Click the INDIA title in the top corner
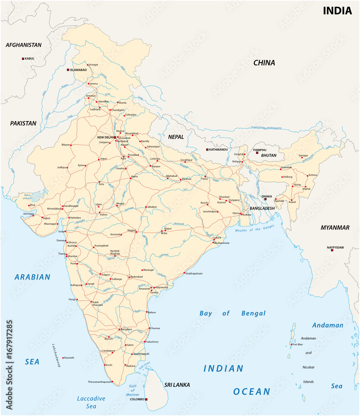338,11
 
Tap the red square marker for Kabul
23,59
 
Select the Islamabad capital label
79,70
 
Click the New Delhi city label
105,137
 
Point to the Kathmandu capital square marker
207,150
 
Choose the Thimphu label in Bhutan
259,150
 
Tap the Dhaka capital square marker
265,199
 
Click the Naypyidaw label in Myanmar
335,248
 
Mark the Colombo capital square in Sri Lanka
146,399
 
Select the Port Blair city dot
291,344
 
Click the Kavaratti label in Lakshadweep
69,358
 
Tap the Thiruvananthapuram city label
100,381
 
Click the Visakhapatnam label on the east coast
194,273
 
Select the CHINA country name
264,63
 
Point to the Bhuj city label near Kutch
32,205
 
